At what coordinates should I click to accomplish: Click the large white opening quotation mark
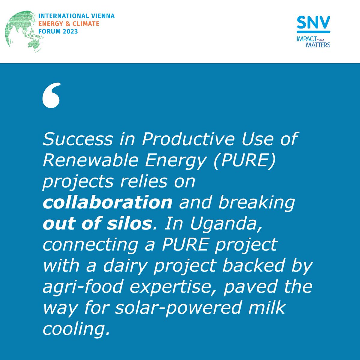click(52, 95)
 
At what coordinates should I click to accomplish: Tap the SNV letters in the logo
click(313, 22)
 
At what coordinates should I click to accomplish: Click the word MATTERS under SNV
click(318, 45)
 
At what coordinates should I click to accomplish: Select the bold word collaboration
click(107, 202)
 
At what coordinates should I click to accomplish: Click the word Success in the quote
click(78, 139)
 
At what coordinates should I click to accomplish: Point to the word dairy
click(120, 266)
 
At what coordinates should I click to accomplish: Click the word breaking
click(256, 202)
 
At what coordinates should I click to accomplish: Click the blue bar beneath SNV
click(313, 31)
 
